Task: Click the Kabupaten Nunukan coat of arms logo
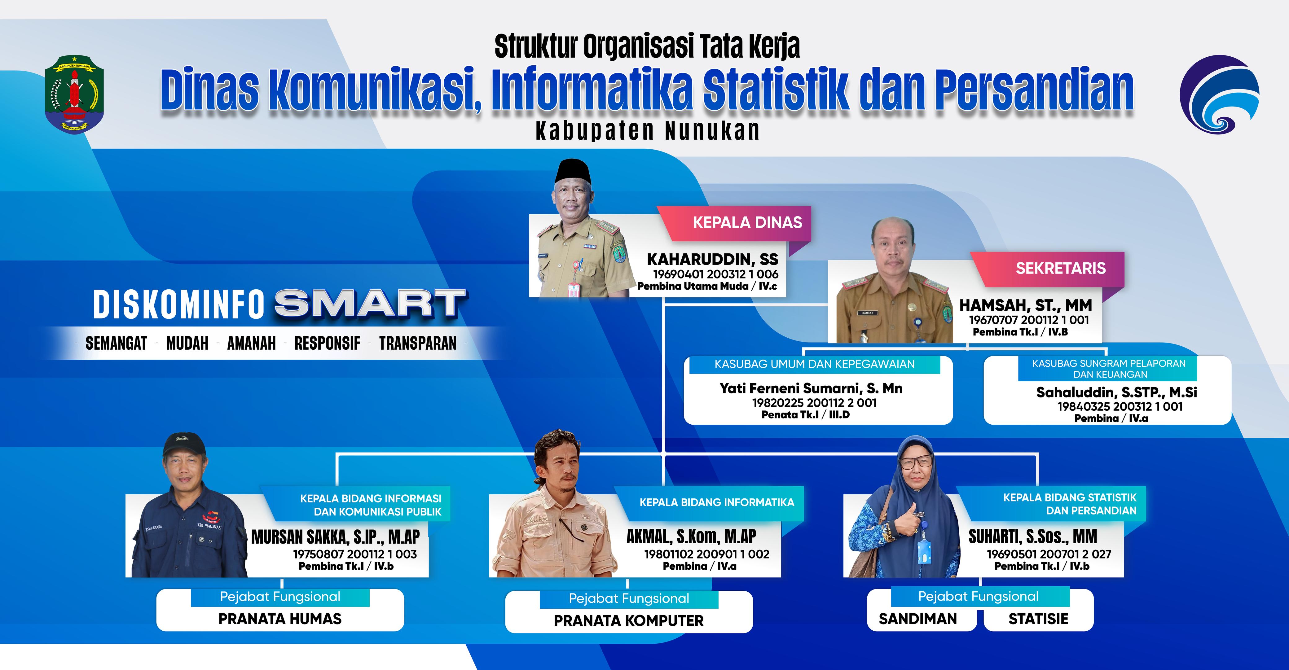74,94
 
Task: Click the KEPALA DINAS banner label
747,222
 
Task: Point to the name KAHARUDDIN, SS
713,259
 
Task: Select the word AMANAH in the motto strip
251,343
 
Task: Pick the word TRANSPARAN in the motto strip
417,343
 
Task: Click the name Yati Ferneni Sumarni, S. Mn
811,388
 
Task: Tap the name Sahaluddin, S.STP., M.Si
1116,392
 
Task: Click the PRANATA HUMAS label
280,619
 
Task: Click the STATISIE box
1038,619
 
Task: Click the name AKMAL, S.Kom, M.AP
691,537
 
